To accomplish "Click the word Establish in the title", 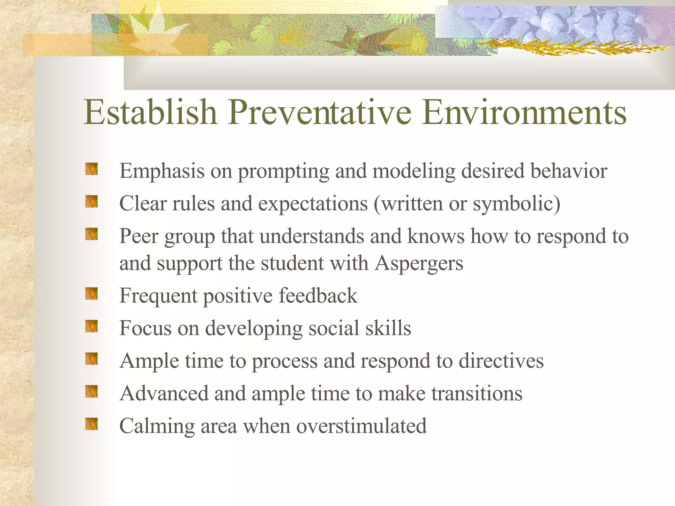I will tap(150, 113).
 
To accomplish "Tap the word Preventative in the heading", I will tap(320, 113).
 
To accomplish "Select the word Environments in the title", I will tap(524, 113).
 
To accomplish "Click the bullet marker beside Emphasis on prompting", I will tap(92, 169).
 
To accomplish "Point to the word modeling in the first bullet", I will tap(413, 172).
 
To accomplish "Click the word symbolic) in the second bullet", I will tap(516, 204).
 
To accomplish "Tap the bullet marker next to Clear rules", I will tap(92, 201).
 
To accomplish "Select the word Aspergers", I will tap(419, 264).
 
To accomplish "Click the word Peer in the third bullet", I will tap(139, 236).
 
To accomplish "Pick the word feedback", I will tap(318, 295).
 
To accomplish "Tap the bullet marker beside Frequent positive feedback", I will tap(92, 294).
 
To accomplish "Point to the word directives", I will tap(501, 361).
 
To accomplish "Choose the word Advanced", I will tap(164, 393).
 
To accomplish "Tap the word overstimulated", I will tap(361, 426).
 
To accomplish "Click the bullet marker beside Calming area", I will tap(92, 424).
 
